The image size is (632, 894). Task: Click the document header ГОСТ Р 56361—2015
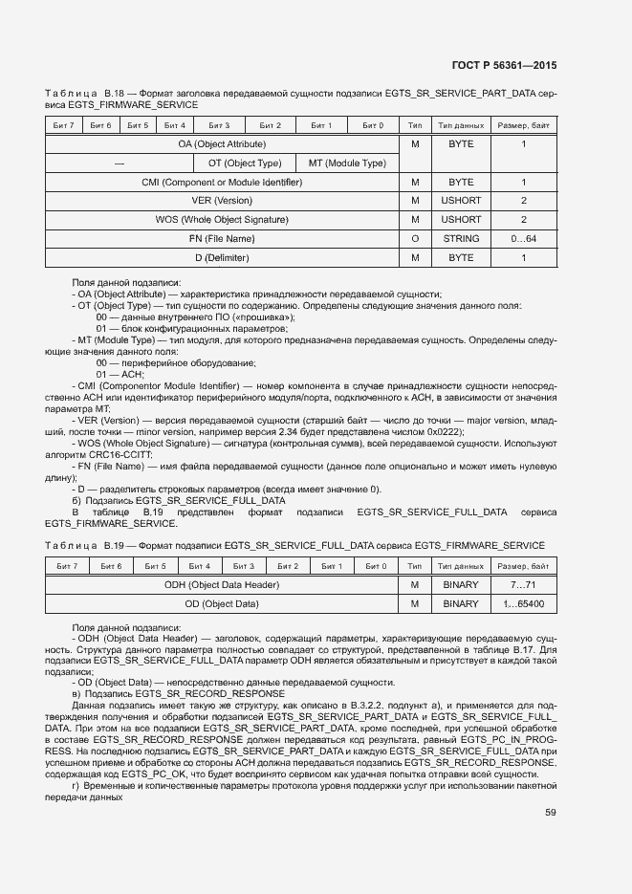[503, 65]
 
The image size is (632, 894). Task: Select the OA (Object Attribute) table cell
[222, 143]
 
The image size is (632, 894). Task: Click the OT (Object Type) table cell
[245, 163]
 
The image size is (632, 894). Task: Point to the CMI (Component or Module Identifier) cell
[222, 182]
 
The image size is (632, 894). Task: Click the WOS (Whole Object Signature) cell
[222, 219]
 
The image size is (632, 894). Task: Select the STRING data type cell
[461, 238]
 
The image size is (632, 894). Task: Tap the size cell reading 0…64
[524, 238]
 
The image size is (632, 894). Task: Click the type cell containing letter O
[415, 238]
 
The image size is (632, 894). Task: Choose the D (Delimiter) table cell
[222, 257]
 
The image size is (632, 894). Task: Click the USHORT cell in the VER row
[461, 201]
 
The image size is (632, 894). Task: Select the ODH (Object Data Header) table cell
[222, 584]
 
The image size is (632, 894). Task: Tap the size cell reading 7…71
[524, 584]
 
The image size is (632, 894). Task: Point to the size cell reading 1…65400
[524, 603]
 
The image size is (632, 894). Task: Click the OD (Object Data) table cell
[222, 603]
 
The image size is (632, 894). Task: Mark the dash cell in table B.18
[120, 163]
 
